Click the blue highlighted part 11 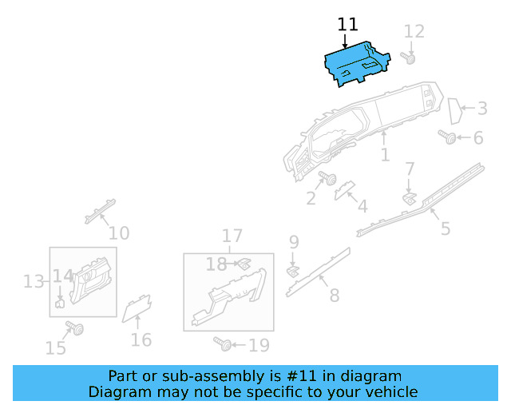(355, 63)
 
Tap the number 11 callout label (348, 24)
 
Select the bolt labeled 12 (411, 59)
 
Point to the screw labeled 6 (449, 138)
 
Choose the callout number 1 (385, 154)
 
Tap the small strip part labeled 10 (100, 209)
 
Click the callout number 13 (33, 281)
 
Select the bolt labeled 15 (76, 328)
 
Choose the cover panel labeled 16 (136, 307)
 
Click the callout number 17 (232, 236)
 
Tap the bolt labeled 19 (224, 344)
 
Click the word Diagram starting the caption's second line (116, 391)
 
